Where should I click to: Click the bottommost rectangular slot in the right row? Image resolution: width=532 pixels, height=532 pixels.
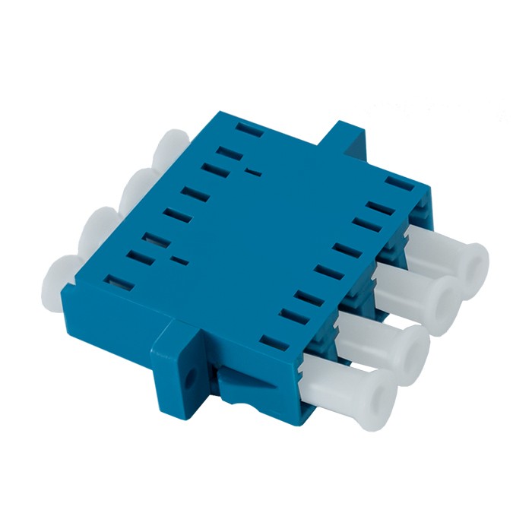[x=270, y=340]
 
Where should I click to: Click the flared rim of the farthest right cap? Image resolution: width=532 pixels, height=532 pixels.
[x=476, y=258]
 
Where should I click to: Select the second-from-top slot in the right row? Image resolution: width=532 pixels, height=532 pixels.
[x=378, y=205]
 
